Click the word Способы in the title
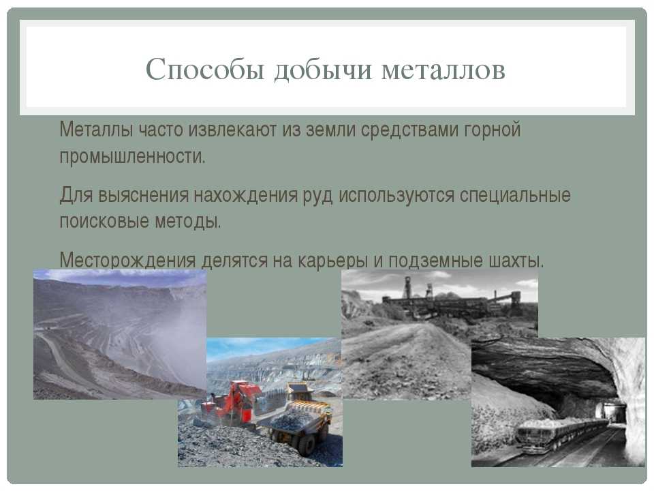(205, 70)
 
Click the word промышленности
(133, 157)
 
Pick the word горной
(492, 130)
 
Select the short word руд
(318, 196)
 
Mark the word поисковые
(104, 221)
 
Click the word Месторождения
(127, 260)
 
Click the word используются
(396, 196)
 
